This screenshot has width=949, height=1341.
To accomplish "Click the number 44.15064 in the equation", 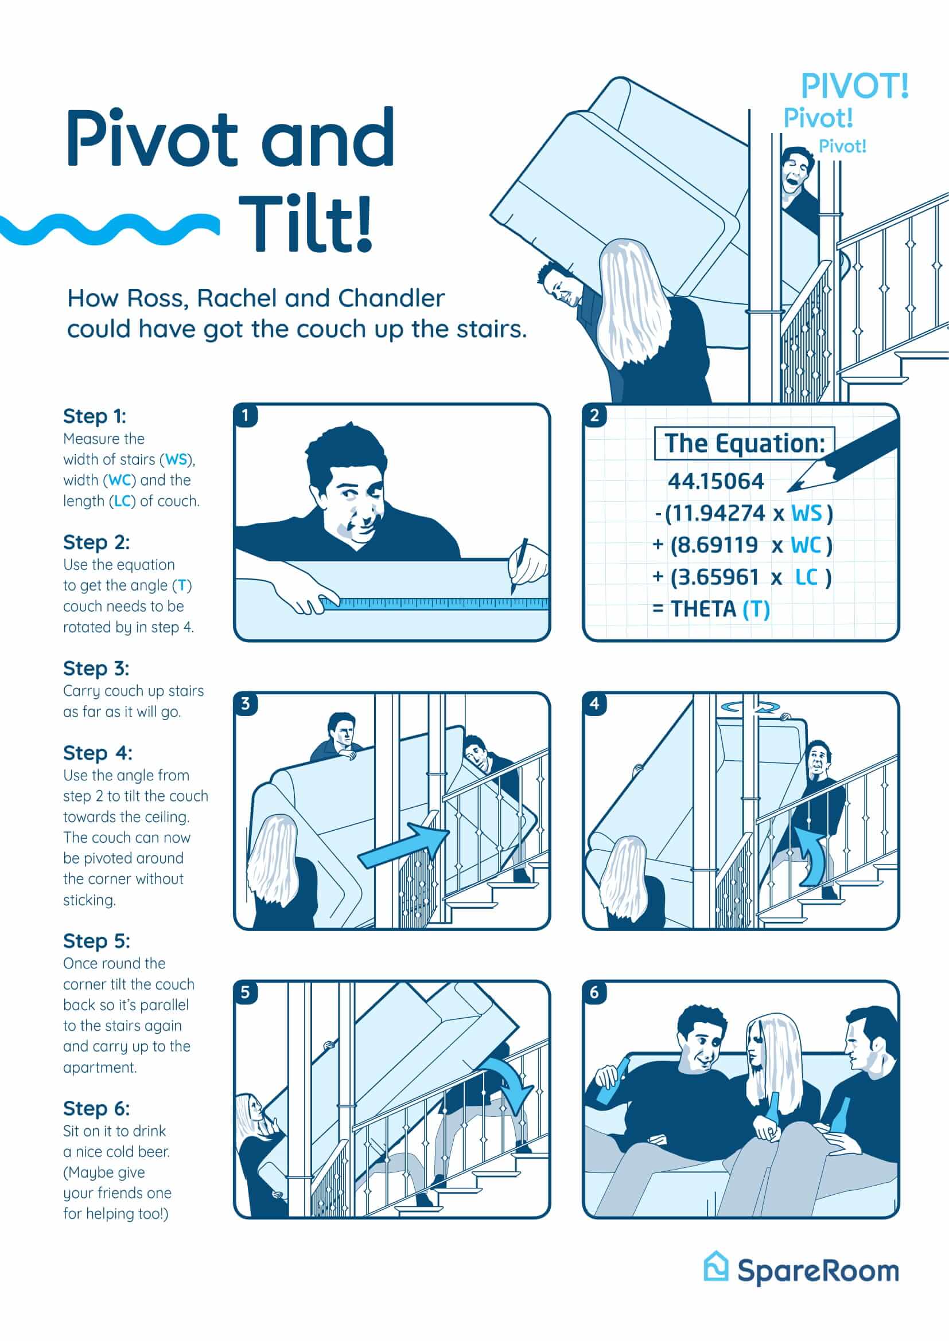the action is coord(716,481).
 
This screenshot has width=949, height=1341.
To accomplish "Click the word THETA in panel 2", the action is coord(704,609).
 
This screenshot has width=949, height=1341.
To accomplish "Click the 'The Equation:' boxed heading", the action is coord(745,443).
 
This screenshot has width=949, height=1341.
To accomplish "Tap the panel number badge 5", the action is coord(246,992).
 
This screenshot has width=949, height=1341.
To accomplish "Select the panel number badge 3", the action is coord(246,704).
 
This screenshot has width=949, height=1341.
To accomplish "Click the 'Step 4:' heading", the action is coord(98,753).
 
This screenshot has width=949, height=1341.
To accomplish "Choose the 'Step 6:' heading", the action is coord(96,1109).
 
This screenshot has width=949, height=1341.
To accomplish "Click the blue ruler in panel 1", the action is coord(435,604).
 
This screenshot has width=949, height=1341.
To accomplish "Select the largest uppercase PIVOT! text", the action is coord(855,86).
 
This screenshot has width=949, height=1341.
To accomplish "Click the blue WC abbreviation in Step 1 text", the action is coord(119,480).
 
